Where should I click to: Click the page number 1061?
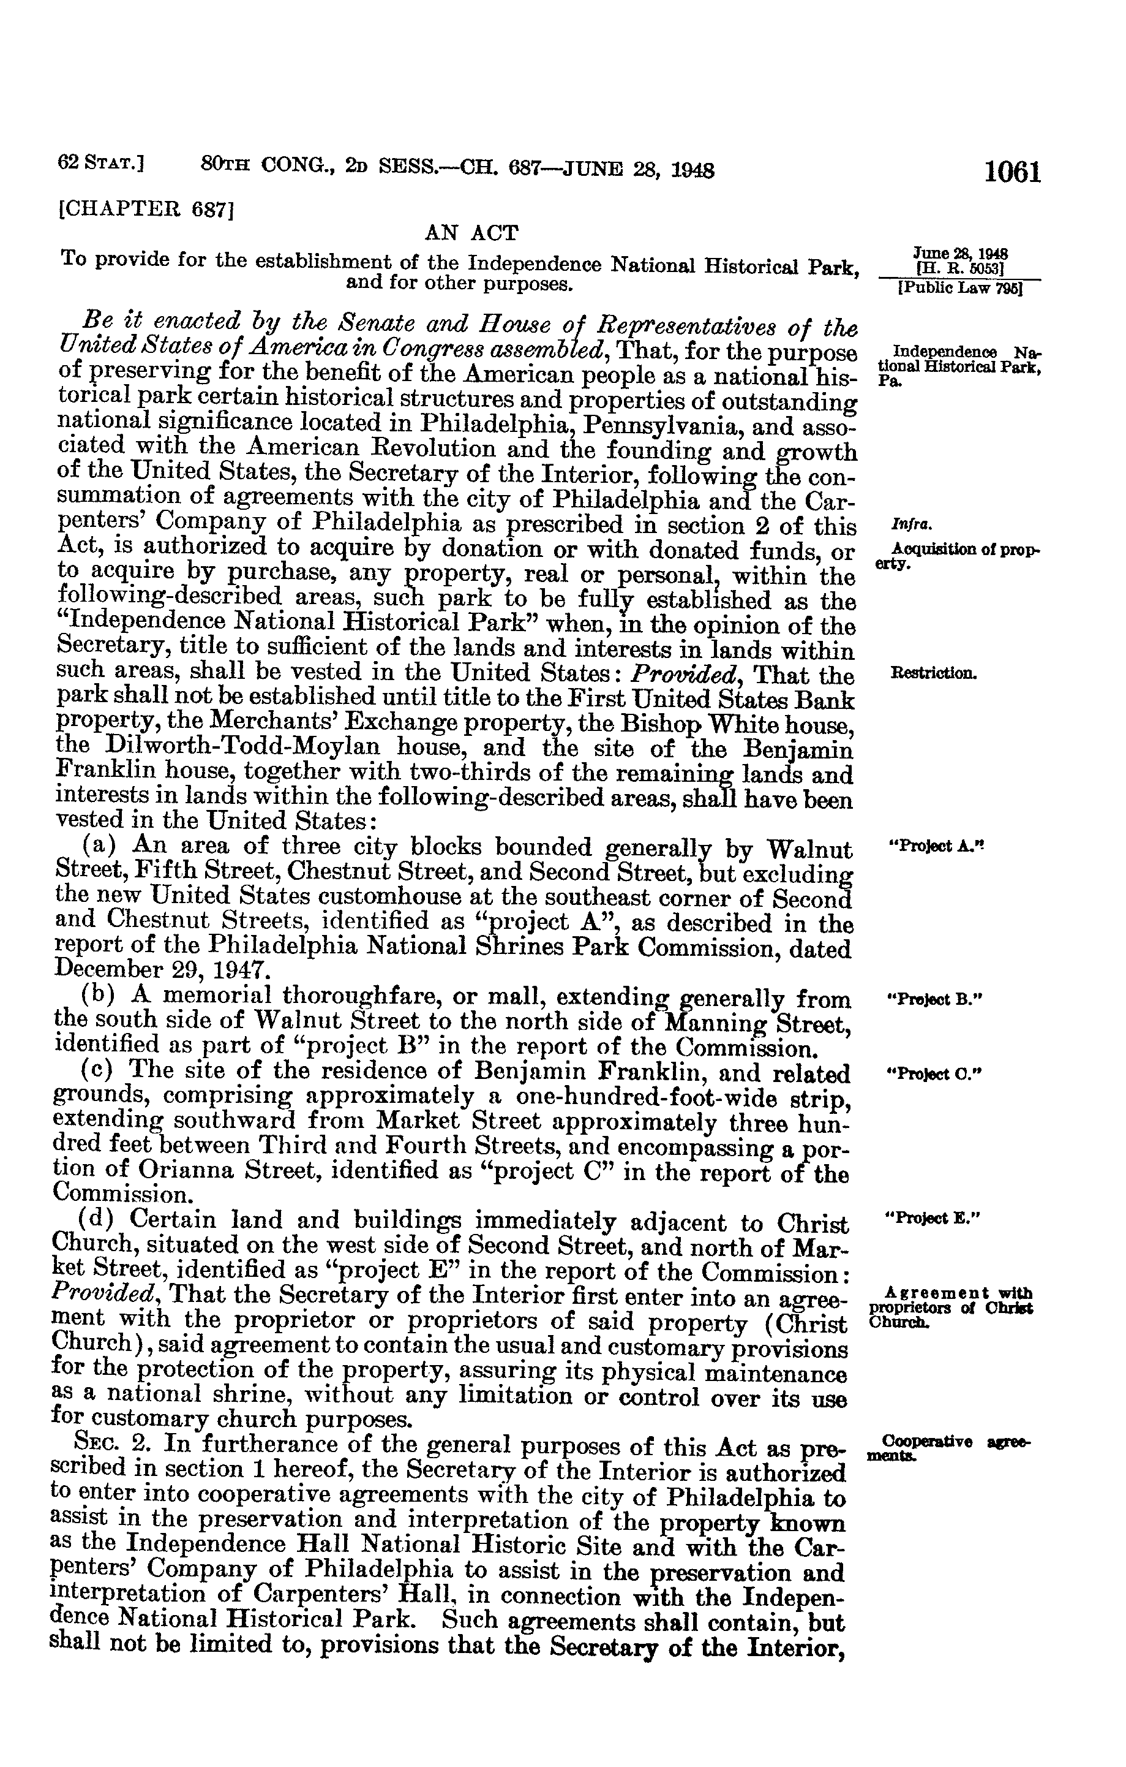1012,172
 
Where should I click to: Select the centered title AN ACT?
471,234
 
